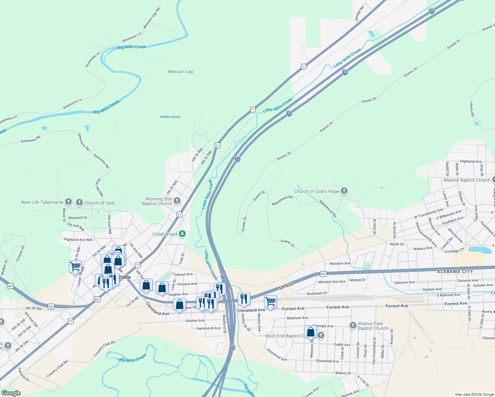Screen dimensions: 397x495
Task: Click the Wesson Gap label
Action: (181, 71)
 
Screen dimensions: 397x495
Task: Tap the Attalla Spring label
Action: (170, 117)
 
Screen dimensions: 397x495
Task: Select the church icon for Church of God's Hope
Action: (344, 191)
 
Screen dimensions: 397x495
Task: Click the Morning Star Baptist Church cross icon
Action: (177, 200)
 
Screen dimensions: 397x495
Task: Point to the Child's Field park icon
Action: (182, 234)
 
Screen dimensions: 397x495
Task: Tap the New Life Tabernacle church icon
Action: (68, 201)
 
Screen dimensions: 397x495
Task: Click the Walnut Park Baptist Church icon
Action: (353, 326)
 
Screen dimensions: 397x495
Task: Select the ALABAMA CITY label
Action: (455, 272)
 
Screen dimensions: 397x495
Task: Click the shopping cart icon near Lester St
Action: (75, 266)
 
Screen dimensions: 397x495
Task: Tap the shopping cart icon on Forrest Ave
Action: (270, 301)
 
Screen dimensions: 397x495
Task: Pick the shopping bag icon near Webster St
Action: (310, 332)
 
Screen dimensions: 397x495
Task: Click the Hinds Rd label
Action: (472, 110)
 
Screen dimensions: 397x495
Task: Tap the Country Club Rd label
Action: (104, 348)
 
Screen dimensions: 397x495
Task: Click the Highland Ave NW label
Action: (78, 240)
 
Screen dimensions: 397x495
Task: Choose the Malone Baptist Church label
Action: (467, 180)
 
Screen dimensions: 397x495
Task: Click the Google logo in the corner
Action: (11, 393)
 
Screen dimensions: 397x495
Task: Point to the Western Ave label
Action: (340, 263)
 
